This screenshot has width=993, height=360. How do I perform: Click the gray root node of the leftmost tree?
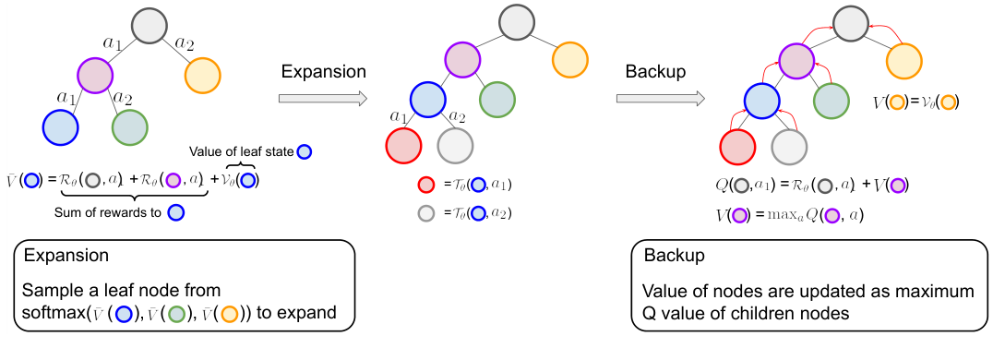click(148, 26)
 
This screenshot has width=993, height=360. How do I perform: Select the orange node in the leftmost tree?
click(202, 73)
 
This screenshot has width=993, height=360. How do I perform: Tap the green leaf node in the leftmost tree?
click(128, 127)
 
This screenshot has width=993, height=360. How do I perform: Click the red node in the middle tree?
click(404, 146)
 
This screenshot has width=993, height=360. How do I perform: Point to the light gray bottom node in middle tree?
click(455, 146)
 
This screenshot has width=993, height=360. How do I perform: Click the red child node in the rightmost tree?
click(737, 146)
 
